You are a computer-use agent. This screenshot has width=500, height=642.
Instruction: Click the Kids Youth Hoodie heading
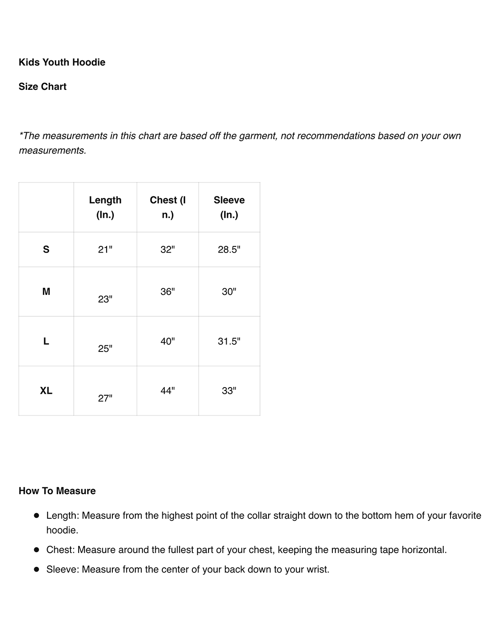click(62, 62)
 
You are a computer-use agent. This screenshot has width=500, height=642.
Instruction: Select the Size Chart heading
click(42, 87)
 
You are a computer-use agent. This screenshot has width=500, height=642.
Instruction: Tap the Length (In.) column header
click(105, 207)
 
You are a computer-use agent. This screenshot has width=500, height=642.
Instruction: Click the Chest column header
click(168, 207)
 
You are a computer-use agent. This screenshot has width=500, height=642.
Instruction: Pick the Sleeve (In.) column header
click(229, 207)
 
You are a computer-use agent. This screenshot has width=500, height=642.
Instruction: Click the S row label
click(46, 249)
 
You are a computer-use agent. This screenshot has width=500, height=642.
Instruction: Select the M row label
click(46, 292)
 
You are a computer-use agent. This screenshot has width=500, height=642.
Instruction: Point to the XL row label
click(46, 390)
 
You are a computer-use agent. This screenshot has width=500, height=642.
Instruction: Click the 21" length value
click(105, 249)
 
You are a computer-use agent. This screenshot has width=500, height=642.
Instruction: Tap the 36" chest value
click(168, 292)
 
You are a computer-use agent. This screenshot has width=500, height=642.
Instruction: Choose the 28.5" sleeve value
click(229, 249)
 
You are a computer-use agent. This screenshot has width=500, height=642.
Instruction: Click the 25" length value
click(105, 349)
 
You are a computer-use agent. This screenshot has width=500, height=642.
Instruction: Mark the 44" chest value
click(168, 390)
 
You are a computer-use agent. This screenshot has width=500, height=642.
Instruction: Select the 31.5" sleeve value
click(229, 341)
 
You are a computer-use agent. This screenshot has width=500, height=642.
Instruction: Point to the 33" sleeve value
click(229, 390)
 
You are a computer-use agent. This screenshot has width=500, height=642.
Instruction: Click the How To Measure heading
click(57, 491)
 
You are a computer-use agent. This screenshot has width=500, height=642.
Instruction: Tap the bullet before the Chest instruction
click(37, 550)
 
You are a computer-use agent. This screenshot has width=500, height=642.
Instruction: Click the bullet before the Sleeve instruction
click(37, 569)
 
